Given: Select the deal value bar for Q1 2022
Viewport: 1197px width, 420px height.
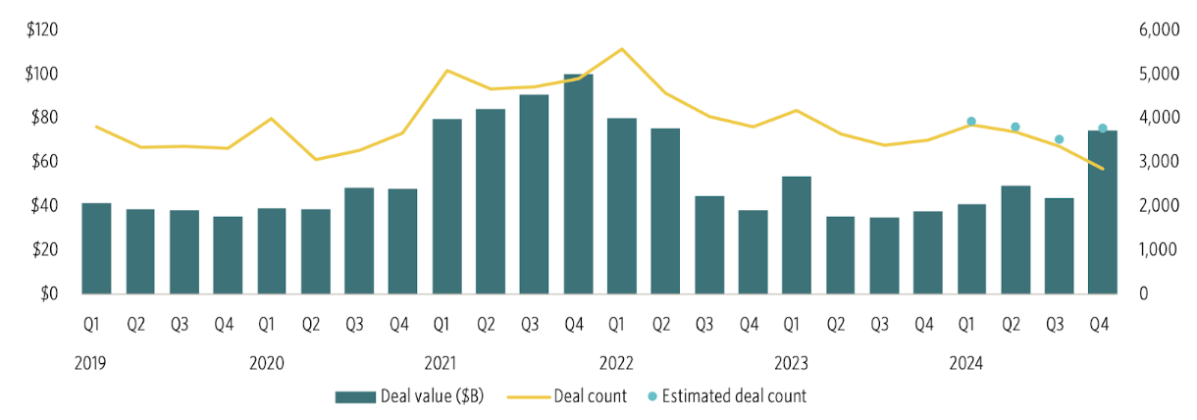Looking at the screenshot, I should pyautogui.click(x=622, y=206).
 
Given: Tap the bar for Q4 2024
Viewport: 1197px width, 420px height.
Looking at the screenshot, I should pyautogui.click(x=1103, y=212).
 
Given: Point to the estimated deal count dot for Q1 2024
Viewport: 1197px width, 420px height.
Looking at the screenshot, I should pyautogui.click(x=971, y=122).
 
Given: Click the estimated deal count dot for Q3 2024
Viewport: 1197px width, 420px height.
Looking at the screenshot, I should pyautogui.click(x=1059, y=139).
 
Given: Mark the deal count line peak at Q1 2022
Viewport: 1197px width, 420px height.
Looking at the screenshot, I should pyautogui.click(x=621, y=48).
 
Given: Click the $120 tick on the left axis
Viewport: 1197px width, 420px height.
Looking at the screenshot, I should pyautogui.click(x=43, y=30).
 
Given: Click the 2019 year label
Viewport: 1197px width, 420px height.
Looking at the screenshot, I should pyautogui.click(x=91, y=363).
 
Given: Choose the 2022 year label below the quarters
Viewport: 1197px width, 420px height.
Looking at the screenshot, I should pyautogui.click(x=616, y=363).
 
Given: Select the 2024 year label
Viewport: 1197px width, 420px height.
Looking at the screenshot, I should pyautogui.click(x=966, y=363).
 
